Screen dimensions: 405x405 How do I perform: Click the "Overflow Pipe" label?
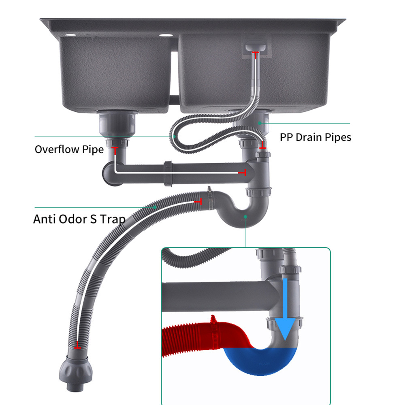tap(69, 149)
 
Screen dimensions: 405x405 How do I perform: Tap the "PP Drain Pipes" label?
tap(315, 137)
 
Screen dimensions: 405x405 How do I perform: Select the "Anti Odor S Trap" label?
tap(79, 219)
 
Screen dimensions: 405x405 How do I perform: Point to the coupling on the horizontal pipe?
tap(168, 173)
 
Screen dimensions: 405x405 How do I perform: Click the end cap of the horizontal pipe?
tap(108, 173)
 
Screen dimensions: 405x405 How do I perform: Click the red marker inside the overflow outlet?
tap(255, 53)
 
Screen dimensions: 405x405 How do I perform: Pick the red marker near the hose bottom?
tap(77, 346)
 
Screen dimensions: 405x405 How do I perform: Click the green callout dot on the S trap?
tap(245, 217)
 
